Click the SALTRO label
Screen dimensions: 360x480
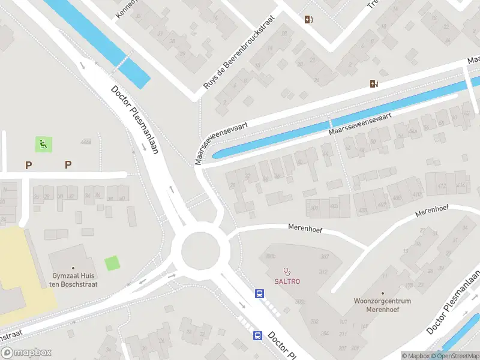click(x=287, y=281)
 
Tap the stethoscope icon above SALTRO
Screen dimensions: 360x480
click(x=287, y=271)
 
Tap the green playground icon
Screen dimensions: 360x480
click(x=43, y=144)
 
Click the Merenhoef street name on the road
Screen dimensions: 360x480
click(x=306, y=227)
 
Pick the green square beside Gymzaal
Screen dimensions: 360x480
click(x=112, y=263)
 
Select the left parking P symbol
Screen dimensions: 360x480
click(x=28, y=164)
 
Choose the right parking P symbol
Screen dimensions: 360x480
click(x=68, y=164)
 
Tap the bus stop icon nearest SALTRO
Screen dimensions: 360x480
click(x=260, y=293)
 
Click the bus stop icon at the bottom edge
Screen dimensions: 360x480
click(x=257, y=335)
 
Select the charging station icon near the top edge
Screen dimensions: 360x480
click(x=309, y=19)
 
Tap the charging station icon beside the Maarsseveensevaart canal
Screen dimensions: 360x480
click(x=374, y=84)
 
